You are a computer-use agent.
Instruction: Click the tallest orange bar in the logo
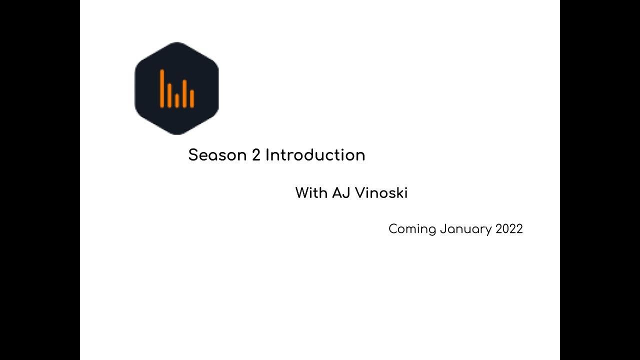pos(162,88)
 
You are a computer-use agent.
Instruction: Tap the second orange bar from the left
pos(169,95)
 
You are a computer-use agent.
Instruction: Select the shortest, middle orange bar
pos(177,100)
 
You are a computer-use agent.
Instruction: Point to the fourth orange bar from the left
pos(184,93)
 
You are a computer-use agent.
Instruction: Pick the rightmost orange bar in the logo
pos(192,98)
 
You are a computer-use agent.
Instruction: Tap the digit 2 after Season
pos(256,155)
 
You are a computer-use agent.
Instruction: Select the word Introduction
pos(315,155)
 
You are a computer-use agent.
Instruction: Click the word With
pos(311,193)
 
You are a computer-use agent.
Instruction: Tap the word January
pos(466,229)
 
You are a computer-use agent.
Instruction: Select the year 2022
pos(509,229)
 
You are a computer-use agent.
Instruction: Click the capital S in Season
pos(194,155)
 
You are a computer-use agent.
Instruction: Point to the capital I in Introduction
pos(267,155)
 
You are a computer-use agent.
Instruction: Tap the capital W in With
pos(301,193)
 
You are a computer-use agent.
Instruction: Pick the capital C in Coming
pos(393,229)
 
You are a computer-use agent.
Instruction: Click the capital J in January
pos(443,229)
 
